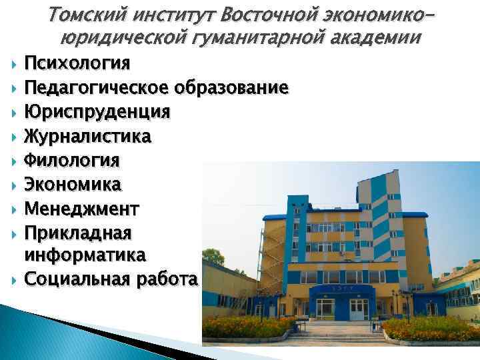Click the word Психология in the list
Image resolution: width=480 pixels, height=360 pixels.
[x=77, y=63]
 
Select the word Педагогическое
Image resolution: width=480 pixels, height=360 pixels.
[x=97, y=88]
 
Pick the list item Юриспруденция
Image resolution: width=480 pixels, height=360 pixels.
[x=97, y=111]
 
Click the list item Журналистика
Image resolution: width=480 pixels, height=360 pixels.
[x=87, y=136]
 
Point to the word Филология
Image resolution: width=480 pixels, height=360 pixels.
[x=72, y=160]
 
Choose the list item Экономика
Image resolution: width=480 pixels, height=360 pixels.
[x=73, y=184]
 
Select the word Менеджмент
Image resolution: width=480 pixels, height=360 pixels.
[x=82, y=208]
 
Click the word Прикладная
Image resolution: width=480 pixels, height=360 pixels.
[x=78, y=232]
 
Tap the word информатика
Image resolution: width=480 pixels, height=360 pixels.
[x=86, y=255]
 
